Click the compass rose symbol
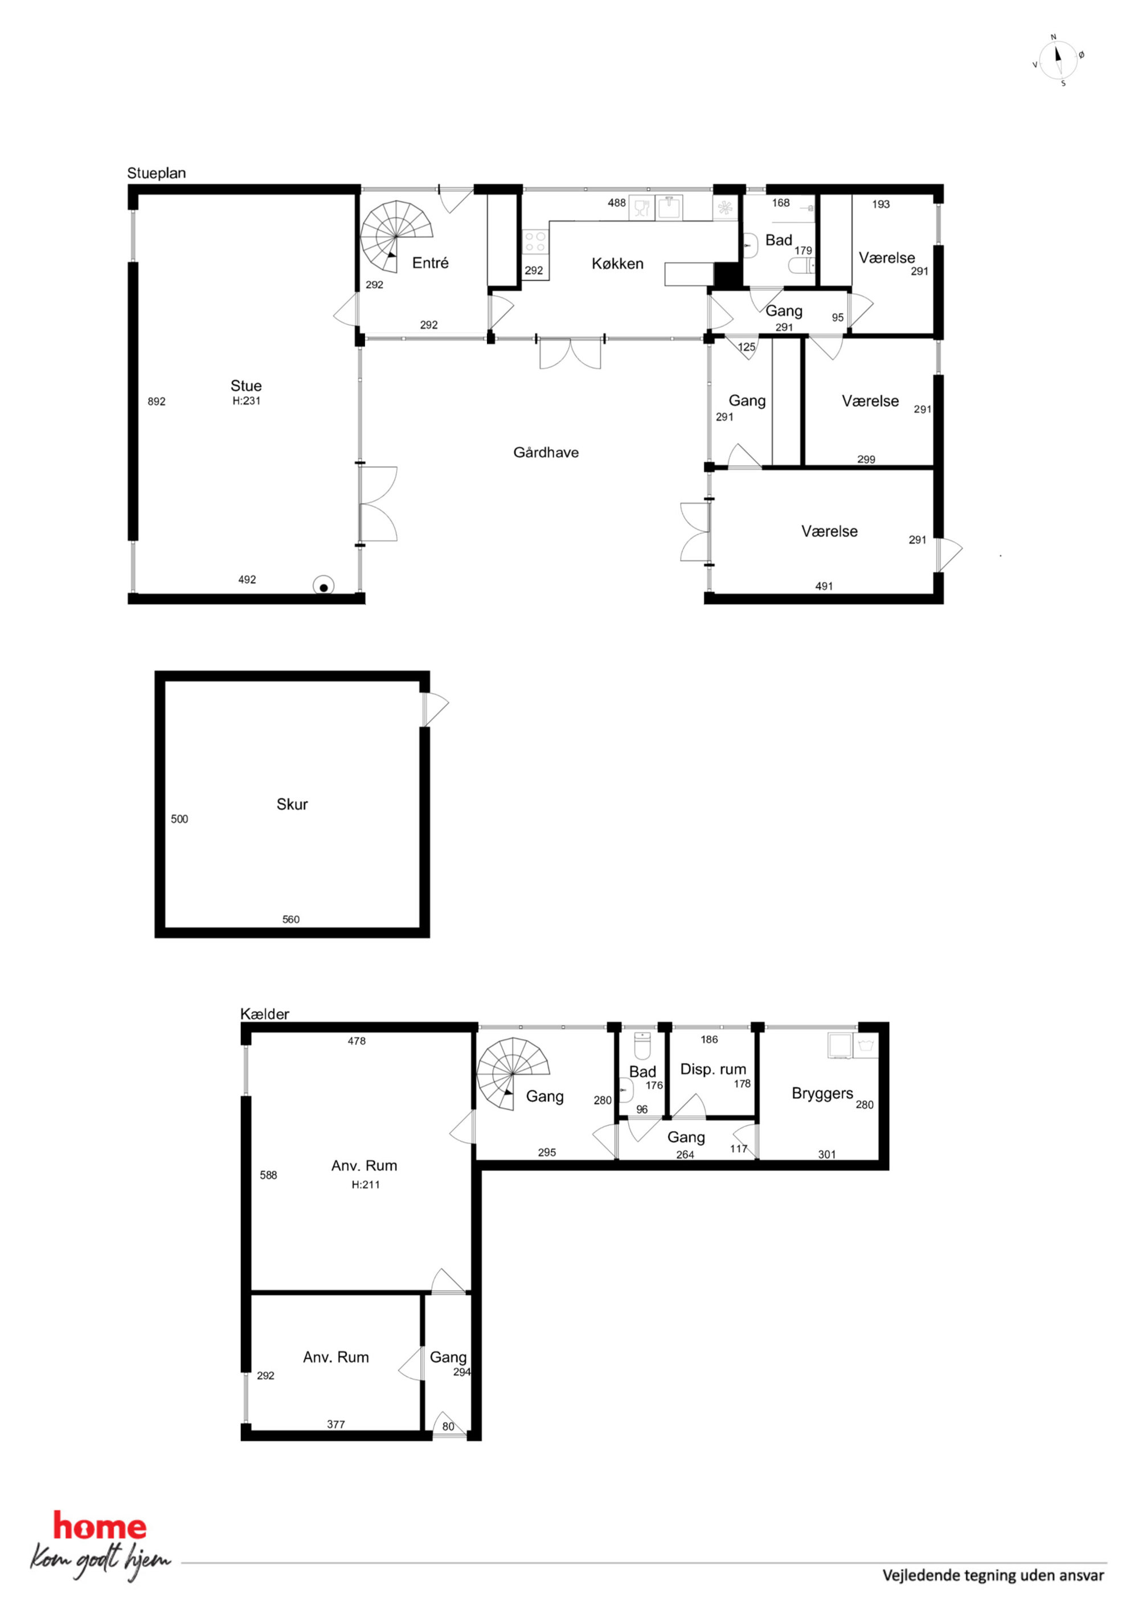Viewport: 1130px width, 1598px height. (x=1058, y=59)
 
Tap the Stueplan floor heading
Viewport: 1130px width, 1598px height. (x=156, y=173)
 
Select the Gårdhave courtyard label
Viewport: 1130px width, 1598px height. (x=546, y=452)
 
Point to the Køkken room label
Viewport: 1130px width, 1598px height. (x=617, y=264)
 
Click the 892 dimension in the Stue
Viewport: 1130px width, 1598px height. (x=157, y=401)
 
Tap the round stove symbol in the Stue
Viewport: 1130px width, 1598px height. (x=323, y=587)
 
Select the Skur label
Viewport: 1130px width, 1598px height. (x=292, y=805)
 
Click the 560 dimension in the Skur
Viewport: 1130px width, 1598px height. (x=291, y=919)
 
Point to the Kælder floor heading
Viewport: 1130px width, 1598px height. (x=265, y=1014)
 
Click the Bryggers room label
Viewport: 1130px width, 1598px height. (x=822, y=1094)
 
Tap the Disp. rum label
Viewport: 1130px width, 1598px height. (x=713, y=1069)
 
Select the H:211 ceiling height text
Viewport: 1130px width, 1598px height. (x=366, y=1185)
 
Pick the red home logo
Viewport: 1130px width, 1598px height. (x=100, y=1527)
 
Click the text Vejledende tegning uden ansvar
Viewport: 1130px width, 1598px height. (x=993, y=1575)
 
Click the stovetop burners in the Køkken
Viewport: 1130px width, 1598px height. (x=535, y=241)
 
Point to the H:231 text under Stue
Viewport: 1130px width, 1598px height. (x=247, y=401)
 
